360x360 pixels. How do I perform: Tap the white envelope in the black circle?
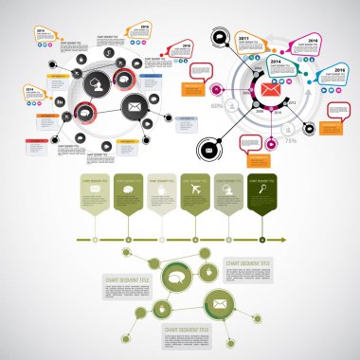(135, 107)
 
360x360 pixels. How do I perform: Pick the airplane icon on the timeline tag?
(194, 189)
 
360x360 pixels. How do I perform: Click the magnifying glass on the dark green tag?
(261, 189)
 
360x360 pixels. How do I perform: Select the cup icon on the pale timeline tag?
(161, 189)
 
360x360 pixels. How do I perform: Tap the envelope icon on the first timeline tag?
(95, 189)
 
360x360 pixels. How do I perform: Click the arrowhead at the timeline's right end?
(310, 240)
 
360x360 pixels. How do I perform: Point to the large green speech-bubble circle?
(176, 278)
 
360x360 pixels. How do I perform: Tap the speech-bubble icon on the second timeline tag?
(128, 189)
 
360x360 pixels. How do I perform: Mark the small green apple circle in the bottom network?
(208, 274)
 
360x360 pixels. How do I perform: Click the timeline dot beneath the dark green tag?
(261, 240)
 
